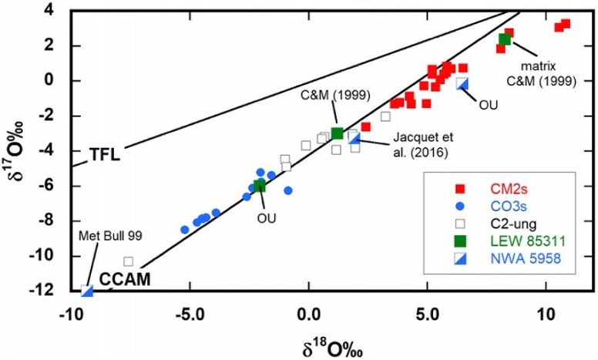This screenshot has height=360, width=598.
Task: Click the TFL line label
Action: pos(103,153)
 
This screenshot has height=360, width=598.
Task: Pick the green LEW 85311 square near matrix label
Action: pos(505,39)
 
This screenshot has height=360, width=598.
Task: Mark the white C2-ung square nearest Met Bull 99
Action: pos(129,261)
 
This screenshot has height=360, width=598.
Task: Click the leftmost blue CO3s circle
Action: pos(185,230)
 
